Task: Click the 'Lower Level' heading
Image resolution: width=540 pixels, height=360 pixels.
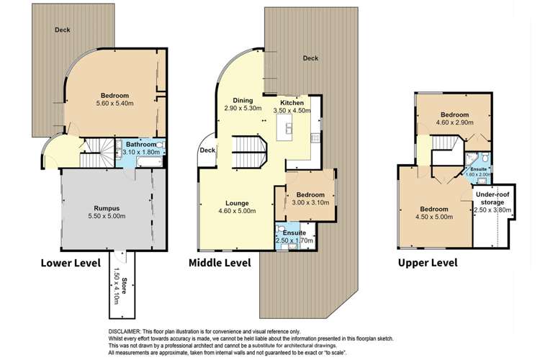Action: (71, 263)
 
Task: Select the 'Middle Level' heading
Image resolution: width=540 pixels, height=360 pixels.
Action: (220, 263)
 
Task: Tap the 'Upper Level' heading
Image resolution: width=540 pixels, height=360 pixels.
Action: (428, 263)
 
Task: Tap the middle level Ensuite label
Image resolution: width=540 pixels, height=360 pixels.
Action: (294, 233)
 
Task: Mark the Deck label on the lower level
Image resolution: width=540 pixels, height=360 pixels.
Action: (61, 30)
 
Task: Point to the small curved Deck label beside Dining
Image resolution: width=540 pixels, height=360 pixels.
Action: (207, 150)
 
